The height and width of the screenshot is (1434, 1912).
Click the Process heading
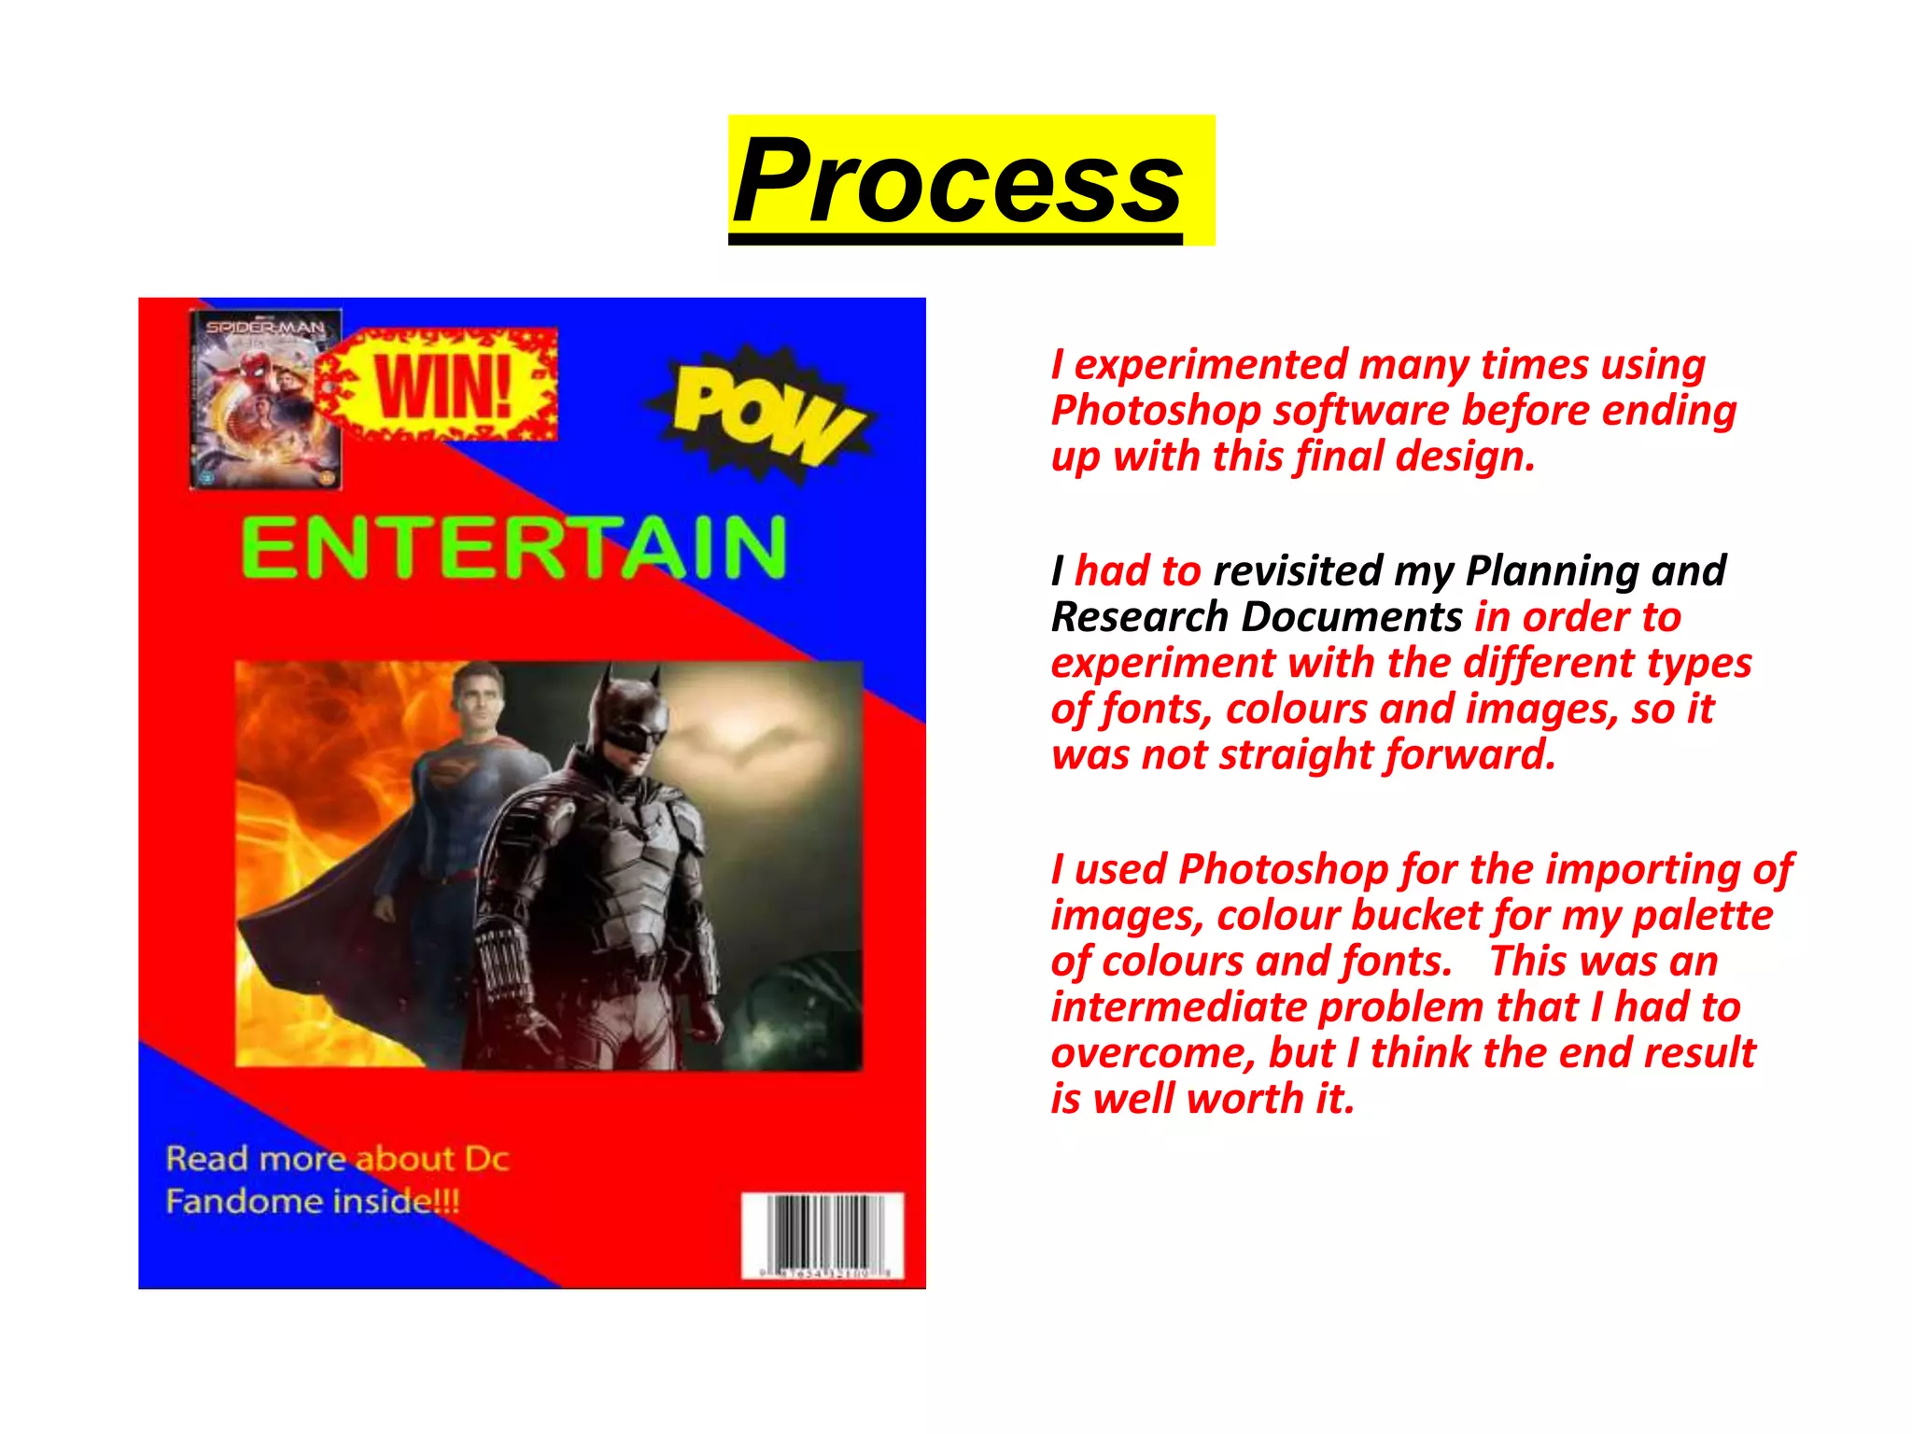point(958,180)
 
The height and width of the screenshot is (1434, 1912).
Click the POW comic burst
point(764,413)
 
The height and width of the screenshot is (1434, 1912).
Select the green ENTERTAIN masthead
point(513,548)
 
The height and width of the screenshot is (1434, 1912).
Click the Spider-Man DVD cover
point(264,400)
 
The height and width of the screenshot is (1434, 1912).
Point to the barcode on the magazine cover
point(822,1235)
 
